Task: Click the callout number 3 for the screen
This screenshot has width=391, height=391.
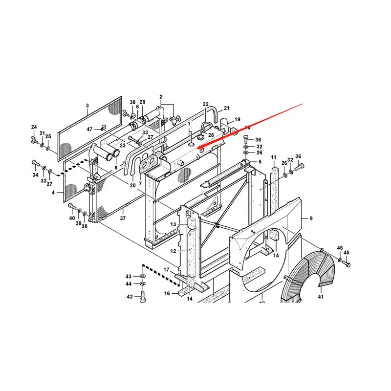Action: (x=87, y=106)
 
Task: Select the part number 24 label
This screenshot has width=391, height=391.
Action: (x=34, y=128)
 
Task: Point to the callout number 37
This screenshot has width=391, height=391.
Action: (x=123, y=218)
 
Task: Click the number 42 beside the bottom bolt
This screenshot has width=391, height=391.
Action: (x=130, y=297)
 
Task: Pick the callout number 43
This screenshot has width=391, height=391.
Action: (x=129, y=276)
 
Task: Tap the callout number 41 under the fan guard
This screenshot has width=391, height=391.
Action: (x=321, y=297)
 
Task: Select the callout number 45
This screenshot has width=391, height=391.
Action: (x=347, y=253)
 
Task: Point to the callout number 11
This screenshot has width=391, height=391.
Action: (x=274, y=157)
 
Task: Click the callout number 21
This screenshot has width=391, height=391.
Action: (x=227, y=108)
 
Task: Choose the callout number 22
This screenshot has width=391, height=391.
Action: (x=206, y=104)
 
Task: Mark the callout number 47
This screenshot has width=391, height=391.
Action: (x=89, y=129)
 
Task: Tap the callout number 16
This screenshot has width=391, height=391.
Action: (x=167, y=294)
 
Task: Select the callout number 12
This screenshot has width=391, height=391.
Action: (x=173, y=251)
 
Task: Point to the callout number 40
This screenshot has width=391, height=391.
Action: (x=72, y=218)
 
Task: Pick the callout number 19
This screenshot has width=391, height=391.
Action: (x=238, y=119)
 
